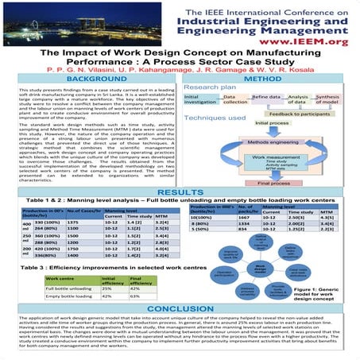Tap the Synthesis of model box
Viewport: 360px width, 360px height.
(x=327, y=99)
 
